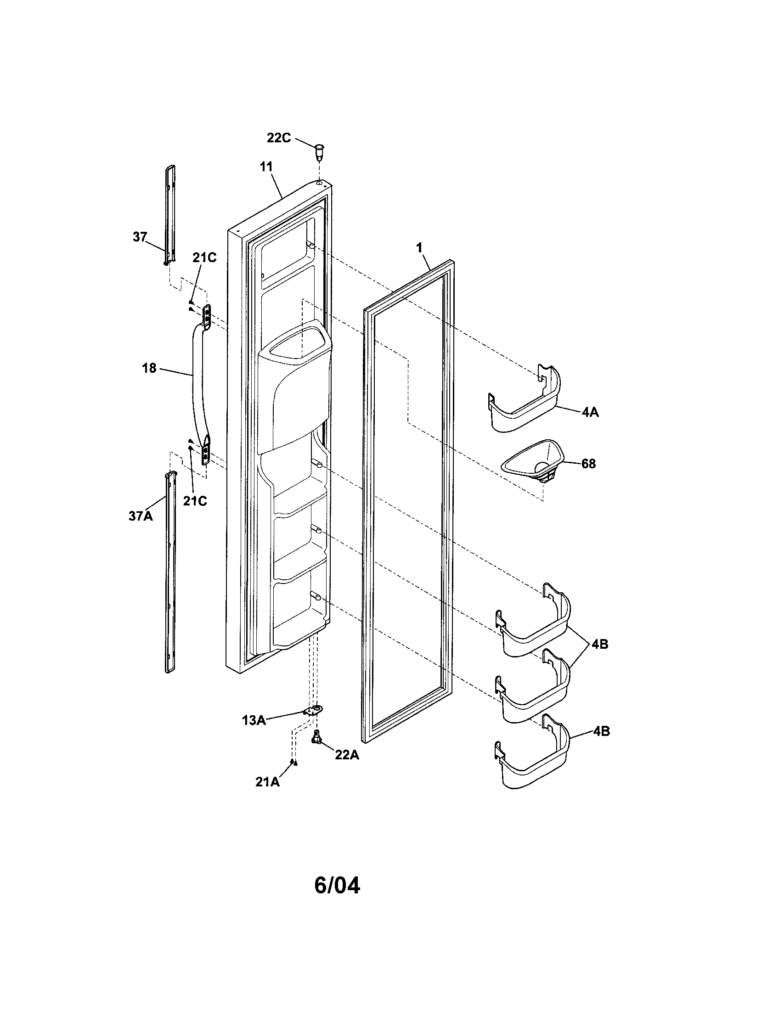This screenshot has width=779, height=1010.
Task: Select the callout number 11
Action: pyautogui.click(x=266, y=167)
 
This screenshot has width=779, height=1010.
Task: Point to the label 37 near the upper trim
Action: pyautogui.click(x=139, y=237)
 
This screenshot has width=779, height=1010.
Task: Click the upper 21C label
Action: pyautogui.click(x=204, y=258)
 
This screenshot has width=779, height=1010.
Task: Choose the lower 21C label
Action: pyautogui.click(x=195, y=501)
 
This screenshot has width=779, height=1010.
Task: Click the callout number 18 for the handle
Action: pyautogui.click(x=149, y=369)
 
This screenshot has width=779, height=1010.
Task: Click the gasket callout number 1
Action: pyautogui.click(x=419, y=248)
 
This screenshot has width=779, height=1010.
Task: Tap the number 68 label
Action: pyautogui.click(x=588, y=463)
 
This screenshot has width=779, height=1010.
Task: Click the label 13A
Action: pyautogui.click(x=254, y=720)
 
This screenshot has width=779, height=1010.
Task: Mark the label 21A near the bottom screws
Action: pyautogui.click(x=267, y=781)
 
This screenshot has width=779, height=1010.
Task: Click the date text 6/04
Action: pyautogui.click(x=337, y=886)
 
